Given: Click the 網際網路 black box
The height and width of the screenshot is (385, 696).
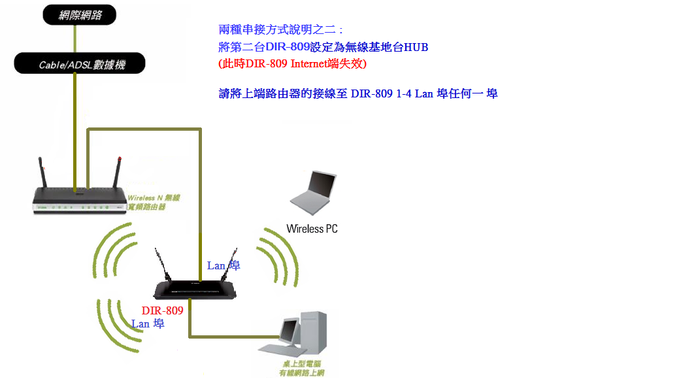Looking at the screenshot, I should pos(80,14).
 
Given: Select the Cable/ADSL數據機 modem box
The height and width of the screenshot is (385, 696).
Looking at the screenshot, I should pos(80,64).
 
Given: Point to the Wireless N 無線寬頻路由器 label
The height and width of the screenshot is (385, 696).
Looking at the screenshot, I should pos(153,202).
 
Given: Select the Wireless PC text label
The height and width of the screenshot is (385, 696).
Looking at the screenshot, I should pos(312,229).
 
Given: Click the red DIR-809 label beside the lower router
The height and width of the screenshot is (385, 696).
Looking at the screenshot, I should pos(162,310).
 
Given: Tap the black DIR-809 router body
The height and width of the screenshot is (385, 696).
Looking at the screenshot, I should pos(194,289).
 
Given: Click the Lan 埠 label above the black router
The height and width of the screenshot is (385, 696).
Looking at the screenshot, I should pos(224,265).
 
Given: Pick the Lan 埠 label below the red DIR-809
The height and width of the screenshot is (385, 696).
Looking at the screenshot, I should pos(148,324).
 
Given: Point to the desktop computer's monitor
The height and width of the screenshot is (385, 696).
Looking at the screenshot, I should pos(288,331).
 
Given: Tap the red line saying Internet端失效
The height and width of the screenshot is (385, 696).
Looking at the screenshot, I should pos(292,63).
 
